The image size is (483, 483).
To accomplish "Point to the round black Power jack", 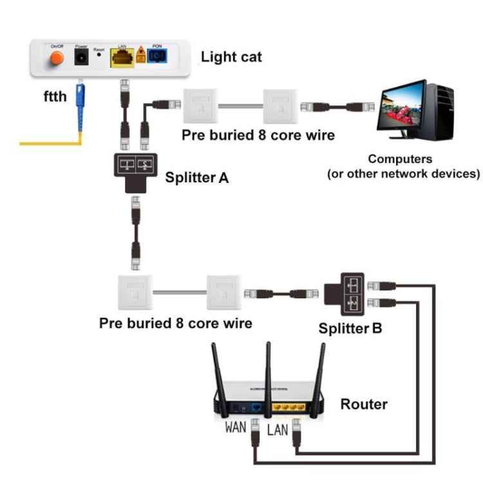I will [x=82, y=59].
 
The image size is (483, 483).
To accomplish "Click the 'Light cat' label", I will [x=231, y=57].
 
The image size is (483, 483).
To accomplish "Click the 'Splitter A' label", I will [x=196, y=177].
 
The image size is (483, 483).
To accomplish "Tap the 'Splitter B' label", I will [x=350, y=328].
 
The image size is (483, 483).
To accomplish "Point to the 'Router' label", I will [x=364, y=404].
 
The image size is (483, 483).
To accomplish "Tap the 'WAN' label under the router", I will [x=236, y=427].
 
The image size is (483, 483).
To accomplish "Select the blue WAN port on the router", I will [x=256, y=407].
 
